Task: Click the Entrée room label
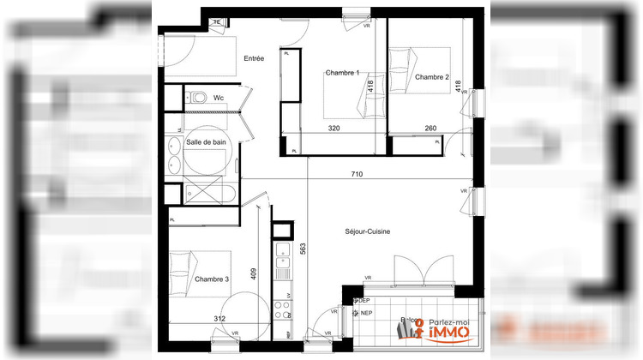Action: (x=254, y=58)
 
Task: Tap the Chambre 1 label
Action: (x=341, y=74)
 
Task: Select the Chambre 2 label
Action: (x=432, y=77)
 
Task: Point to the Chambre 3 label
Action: (x=212, y=279)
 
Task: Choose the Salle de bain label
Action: (x=206, y=141)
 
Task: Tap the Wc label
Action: (x=219, y=98)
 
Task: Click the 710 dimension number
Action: (x=357, y=175)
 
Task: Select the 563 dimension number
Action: (x=303, y=249)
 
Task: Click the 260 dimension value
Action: (x=430, y=129)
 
